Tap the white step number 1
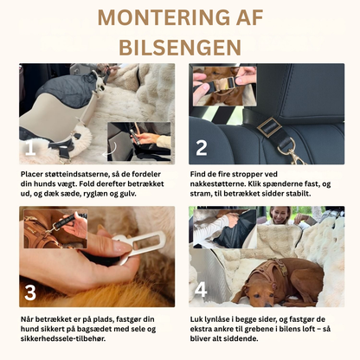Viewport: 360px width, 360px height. (31, 149)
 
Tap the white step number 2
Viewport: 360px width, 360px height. (201, 148)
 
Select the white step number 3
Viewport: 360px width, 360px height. (30, 291)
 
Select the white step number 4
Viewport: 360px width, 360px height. (201, 291)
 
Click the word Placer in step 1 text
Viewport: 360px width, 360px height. (32, 173)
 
